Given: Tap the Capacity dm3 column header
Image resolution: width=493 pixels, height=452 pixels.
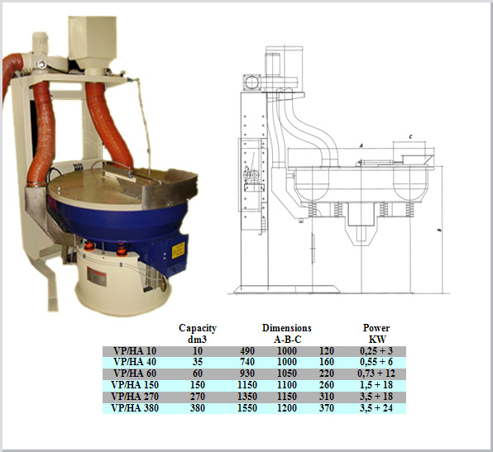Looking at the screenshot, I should [198, 333].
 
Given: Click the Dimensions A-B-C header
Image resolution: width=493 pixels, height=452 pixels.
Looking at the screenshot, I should [286, 333].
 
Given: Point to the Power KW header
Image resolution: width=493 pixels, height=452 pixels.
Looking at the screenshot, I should [376, 333].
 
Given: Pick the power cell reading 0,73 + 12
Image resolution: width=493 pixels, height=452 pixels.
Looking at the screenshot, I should [376, 373].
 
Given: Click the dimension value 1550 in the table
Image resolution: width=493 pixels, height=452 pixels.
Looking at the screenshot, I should [249, 408].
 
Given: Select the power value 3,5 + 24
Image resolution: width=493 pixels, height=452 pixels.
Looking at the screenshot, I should [376, 408].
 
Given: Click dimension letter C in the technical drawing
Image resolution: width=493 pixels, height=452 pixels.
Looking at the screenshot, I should [411, 136].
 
